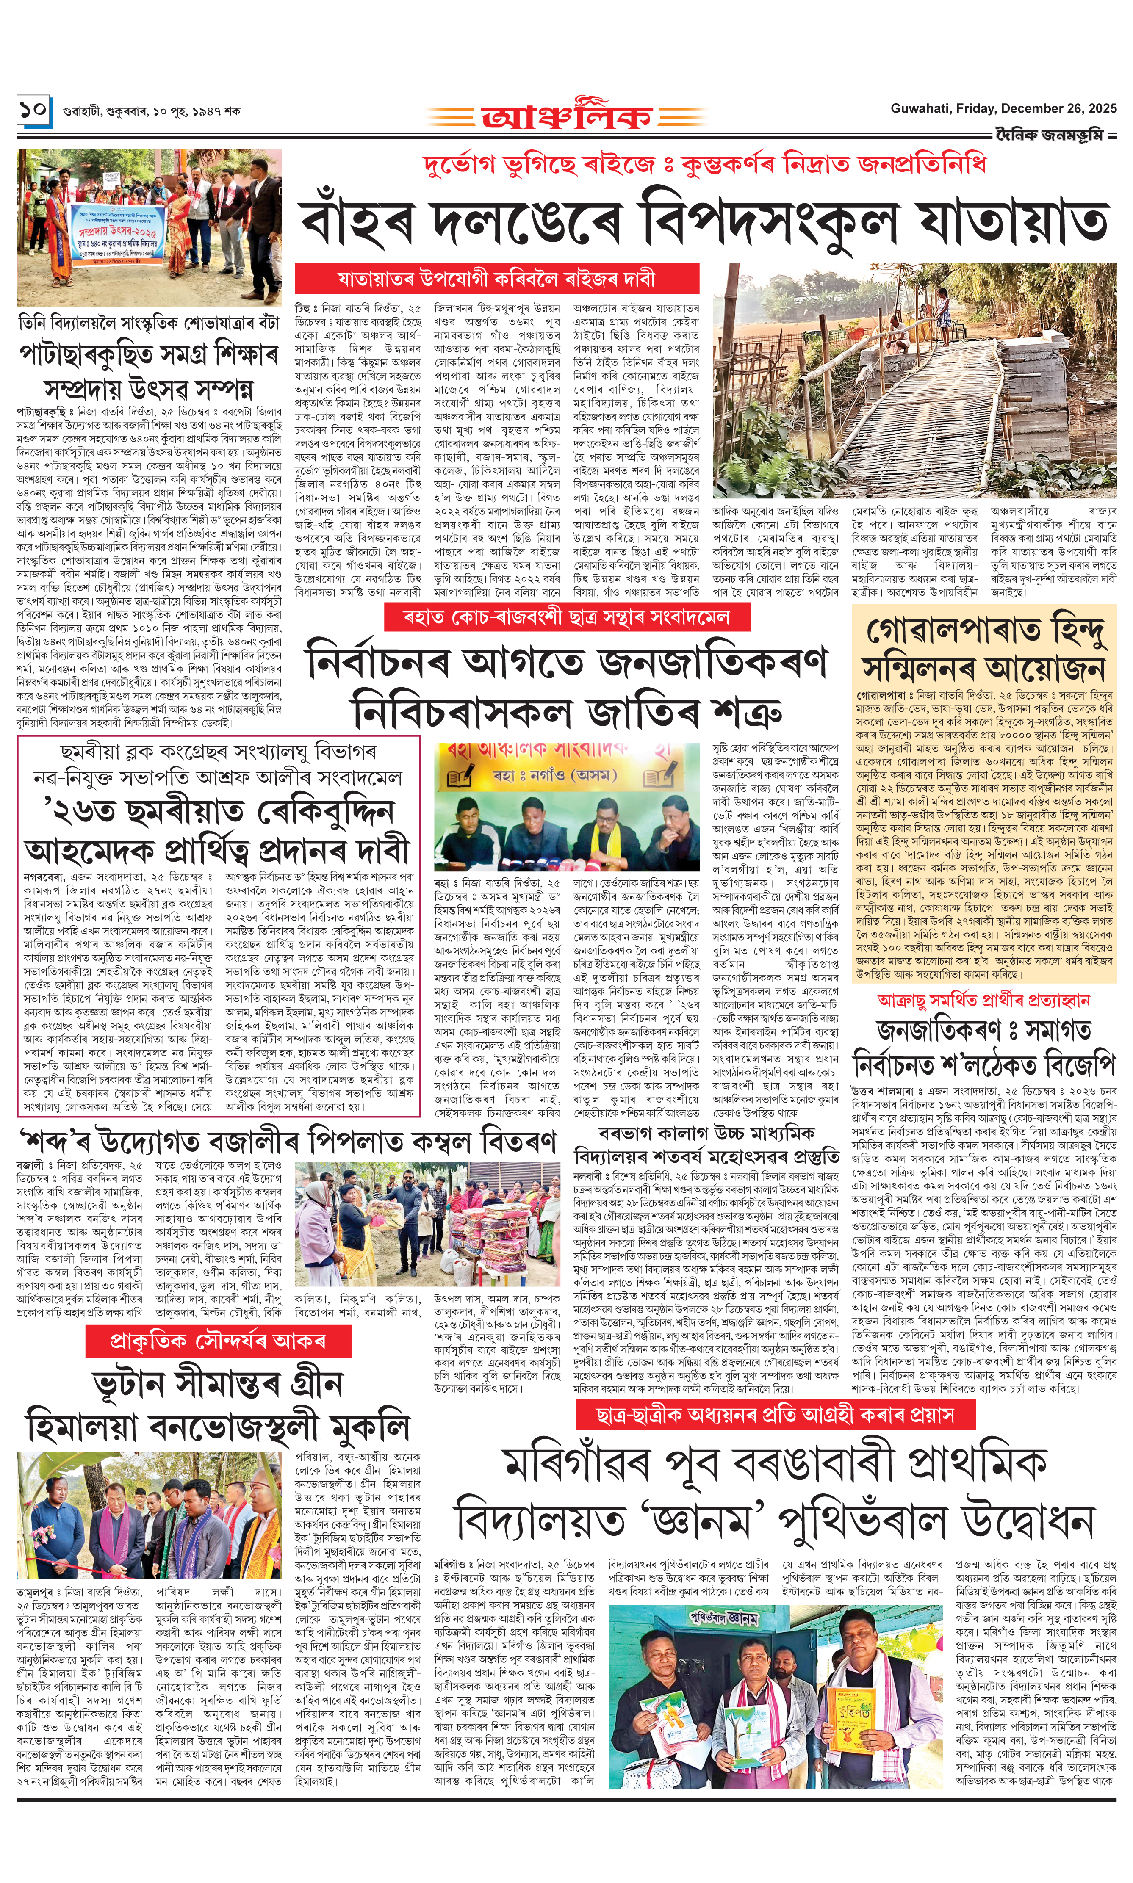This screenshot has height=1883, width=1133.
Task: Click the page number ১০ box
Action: (x=34, y=111)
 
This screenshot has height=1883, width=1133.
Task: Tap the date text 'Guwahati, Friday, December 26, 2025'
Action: (x=1003, y=108)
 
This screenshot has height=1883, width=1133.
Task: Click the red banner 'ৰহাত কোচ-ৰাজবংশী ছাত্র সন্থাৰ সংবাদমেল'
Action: (x=567, y=617)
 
